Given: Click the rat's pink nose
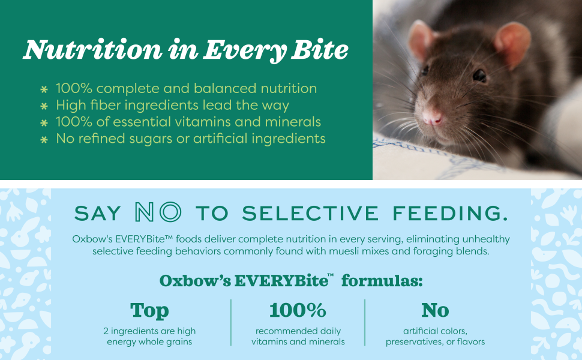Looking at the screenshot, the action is pos(432,118).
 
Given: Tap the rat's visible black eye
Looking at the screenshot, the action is pos(479,76).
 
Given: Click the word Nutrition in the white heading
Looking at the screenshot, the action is pos(93,50).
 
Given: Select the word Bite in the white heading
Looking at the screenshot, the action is pos(320,50).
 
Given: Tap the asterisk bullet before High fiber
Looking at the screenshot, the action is pos(44,106).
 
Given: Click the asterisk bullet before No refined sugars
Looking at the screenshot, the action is pos(44,140).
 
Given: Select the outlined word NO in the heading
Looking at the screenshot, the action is pos(158,212).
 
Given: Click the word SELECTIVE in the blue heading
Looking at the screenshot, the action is pos(310,213).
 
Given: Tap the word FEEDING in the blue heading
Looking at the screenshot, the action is pos(450,213).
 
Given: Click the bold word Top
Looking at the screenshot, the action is pos(149,311).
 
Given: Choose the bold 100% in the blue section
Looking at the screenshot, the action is pos(298,310).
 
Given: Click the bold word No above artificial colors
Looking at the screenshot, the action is pos(435,310).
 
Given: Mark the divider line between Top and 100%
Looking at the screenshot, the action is pos(231,323).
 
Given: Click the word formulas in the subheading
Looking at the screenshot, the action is pos(382,281).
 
